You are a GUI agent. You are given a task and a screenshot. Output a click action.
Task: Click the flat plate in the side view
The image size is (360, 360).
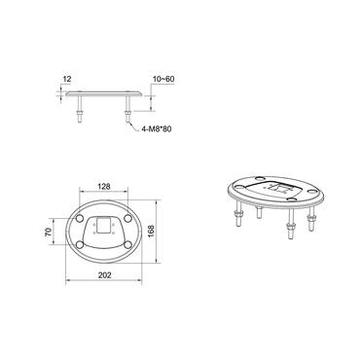(x=103, y=95)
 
